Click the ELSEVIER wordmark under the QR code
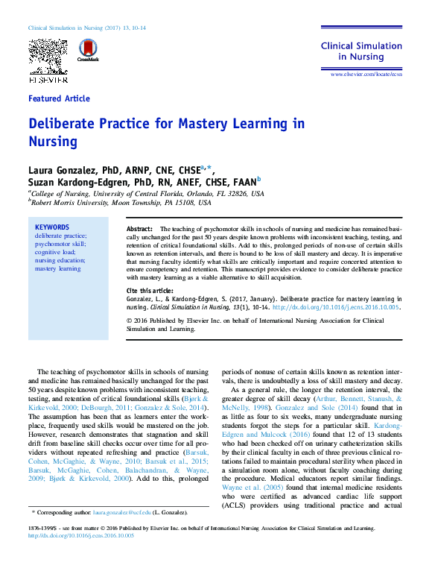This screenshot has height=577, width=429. click(x=48, y=78)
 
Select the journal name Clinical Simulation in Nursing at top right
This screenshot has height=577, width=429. click(x=361, y=51)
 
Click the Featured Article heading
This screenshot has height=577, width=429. click(x=59, y=98)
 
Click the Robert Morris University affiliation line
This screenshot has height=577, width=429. click(x=121, y=202)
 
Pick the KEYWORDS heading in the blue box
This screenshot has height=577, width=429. click(x=51, y=227)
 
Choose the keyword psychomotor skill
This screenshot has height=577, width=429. click(x=60, y=244)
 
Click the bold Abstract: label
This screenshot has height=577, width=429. click(x=139, y=228)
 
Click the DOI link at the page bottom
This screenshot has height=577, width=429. click(x=81, y=535)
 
